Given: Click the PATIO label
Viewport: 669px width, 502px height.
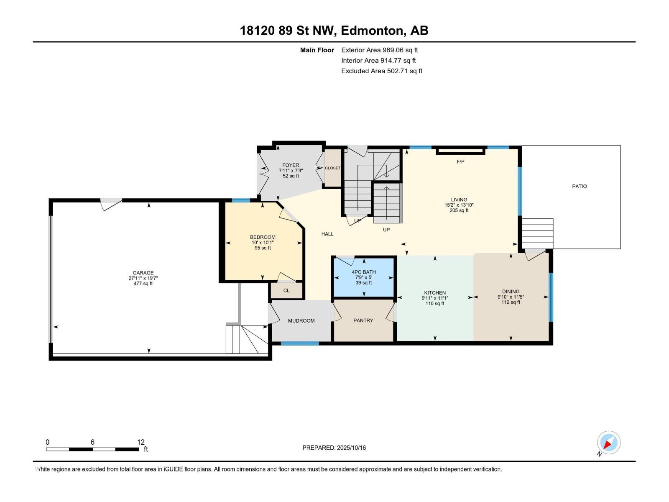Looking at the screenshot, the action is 579,186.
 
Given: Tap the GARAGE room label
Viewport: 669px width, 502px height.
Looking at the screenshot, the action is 143,273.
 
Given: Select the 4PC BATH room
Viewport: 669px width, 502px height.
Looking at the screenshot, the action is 364,277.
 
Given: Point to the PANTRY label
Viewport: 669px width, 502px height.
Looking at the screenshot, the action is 363,320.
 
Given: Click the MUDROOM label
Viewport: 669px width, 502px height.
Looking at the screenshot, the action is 301,320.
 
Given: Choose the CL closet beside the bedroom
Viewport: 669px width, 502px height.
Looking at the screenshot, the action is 286,290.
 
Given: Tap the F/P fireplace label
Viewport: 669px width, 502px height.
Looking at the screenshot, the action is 460,161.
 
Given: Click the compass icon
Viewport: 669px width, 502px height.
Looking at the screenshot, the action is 609,442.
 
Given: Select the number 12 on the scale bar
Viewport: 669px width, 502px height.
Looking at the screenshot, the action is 141,442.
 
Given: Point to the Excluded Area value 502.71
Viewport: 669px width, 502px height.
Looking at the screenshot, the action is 398,71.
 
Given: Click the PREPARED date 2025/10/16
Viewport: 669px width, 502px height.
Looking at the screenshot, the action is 351,448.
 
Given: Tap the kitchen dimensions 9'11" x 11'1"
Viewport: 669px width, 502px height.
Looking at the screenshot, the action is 435,298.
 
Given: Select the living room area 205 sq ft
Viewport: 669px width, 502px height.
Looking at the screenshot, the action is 459,210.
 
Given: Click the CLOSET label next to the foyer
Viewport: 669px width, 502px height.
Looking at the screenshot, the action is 332,168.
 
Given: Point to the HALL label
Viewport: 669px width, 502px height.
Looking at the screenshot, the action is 327,234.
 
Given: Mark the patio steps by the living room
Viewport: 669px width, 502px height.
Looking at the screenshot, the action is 538,233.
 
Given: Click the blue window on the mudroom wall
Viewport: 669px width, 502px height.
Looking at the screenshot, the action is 300,343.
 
